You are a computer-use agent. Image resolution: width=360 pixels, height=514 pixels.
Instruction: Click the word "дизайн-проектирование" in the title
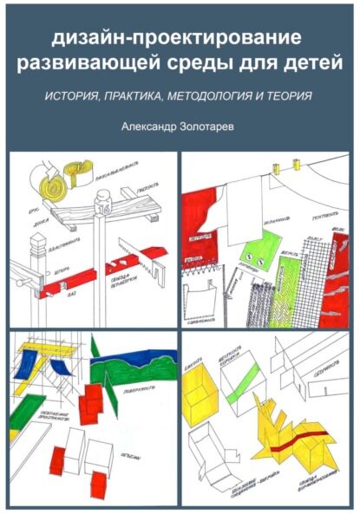pyautogui.click(x=179, y=39)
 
